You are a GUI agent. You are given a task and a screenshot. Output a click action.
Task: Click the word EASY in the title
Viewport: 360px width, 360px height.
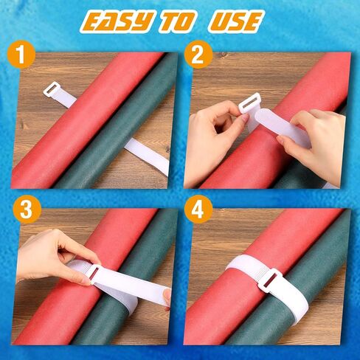point(117,22)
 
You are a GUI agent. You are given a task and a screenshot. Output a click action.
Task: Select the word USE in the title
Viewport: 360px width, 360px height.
point(235,22)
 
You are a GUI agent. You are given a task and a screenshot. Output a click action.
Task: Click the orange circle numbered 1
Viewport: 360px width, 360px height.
point(21,55)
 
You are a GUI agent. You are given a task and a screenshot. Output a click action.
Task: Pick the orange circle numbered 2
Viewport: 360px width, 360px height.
point(198,55)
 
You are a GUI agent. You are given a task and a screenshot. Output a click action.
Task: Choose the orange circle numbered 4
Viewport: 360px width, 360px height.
point(198,210)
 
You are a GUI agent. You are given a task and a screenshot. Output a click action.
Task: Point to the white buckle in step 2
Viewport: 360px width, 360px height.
point(249,103)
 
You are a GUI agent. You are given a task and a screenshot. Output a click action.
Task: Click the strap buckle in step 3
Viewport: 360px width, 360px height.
point(94,274)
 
